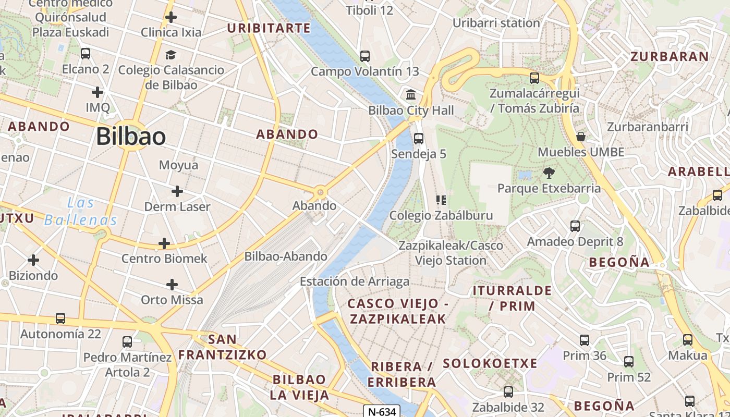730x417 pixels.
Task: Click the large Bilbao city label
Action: (131, 137)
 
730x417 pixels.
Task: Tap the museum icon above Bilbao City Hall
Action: (411, 95)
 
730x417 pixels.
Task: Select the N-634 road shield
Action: (382, 411)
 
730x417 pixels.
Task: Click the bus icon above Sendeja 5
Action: (418, 138)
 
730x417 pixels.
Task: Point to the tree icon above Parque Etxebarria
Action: (549, 173)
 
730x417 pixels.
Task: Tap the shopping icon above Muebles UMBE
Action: (581, 137)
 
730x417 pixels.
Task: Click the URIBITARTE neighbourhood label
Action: (269, 28)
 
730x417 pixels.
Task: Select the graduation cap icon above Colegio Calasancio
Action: (171, 55)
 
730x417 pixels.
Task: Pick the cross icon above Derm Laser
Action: (177, 191)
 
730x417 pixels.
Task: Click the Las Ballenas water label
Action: (80, 211)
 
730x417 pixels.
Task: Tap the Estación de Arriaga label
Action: (355, 281)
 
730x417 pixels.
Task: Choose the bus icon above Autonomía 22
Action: (60, 318)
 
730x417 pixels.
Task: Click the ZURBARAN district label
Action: (670, 56)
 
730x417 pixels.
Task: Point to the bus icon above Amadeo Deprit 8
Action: (575, 226)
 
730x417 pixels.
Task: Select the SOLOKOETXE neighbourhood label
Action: (490, 363)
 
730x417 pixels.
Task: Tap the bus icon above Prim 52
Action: (629, 362)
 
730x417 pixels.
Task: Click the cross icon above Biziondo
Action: (33, 260)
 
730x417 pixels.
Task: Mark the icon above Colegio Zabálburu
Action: (441, 200)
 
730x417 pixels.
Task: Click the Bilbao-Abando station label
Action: (286, 256)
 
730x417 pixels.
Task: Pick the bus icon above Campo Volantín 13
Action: (365, 56)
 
